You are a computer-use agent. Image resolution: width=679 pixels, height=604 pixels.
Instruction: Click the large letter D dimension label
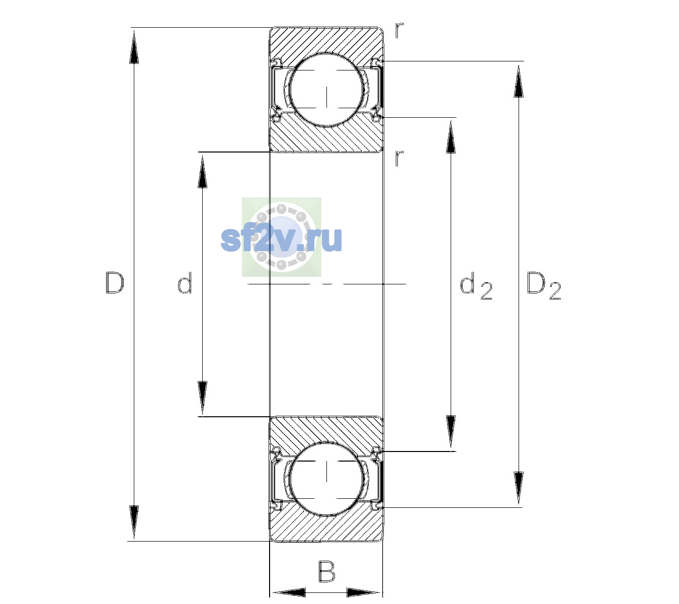(x=115, y=283)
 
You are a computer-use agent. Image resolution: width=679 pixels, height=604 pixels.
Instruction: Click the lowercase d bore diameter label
(x=185, y=283)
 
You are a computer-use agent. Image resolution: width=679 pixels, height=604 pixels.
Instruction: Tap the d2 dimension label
(x=476, y=285)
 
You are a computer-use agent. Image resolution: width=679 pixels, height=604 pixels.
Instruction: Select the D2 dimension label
(x=544, y=285)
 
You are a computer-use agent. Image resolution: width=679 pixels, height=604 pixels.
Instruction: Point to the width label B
(x=326, y=571)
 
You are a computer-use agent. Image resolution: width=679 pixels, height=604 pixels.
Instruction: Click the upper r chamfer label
(x=399, y=30)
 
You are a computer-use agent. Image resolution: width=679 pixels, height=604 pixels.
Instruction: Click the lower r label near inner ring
(x=399, y=158)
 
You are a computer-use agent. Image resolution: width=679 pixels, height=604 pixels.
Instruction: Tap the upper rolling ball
(x=326, y=90)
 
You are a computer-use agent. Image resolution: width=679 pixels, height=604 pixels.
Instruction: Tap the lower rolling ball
(x=326, y=478)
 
